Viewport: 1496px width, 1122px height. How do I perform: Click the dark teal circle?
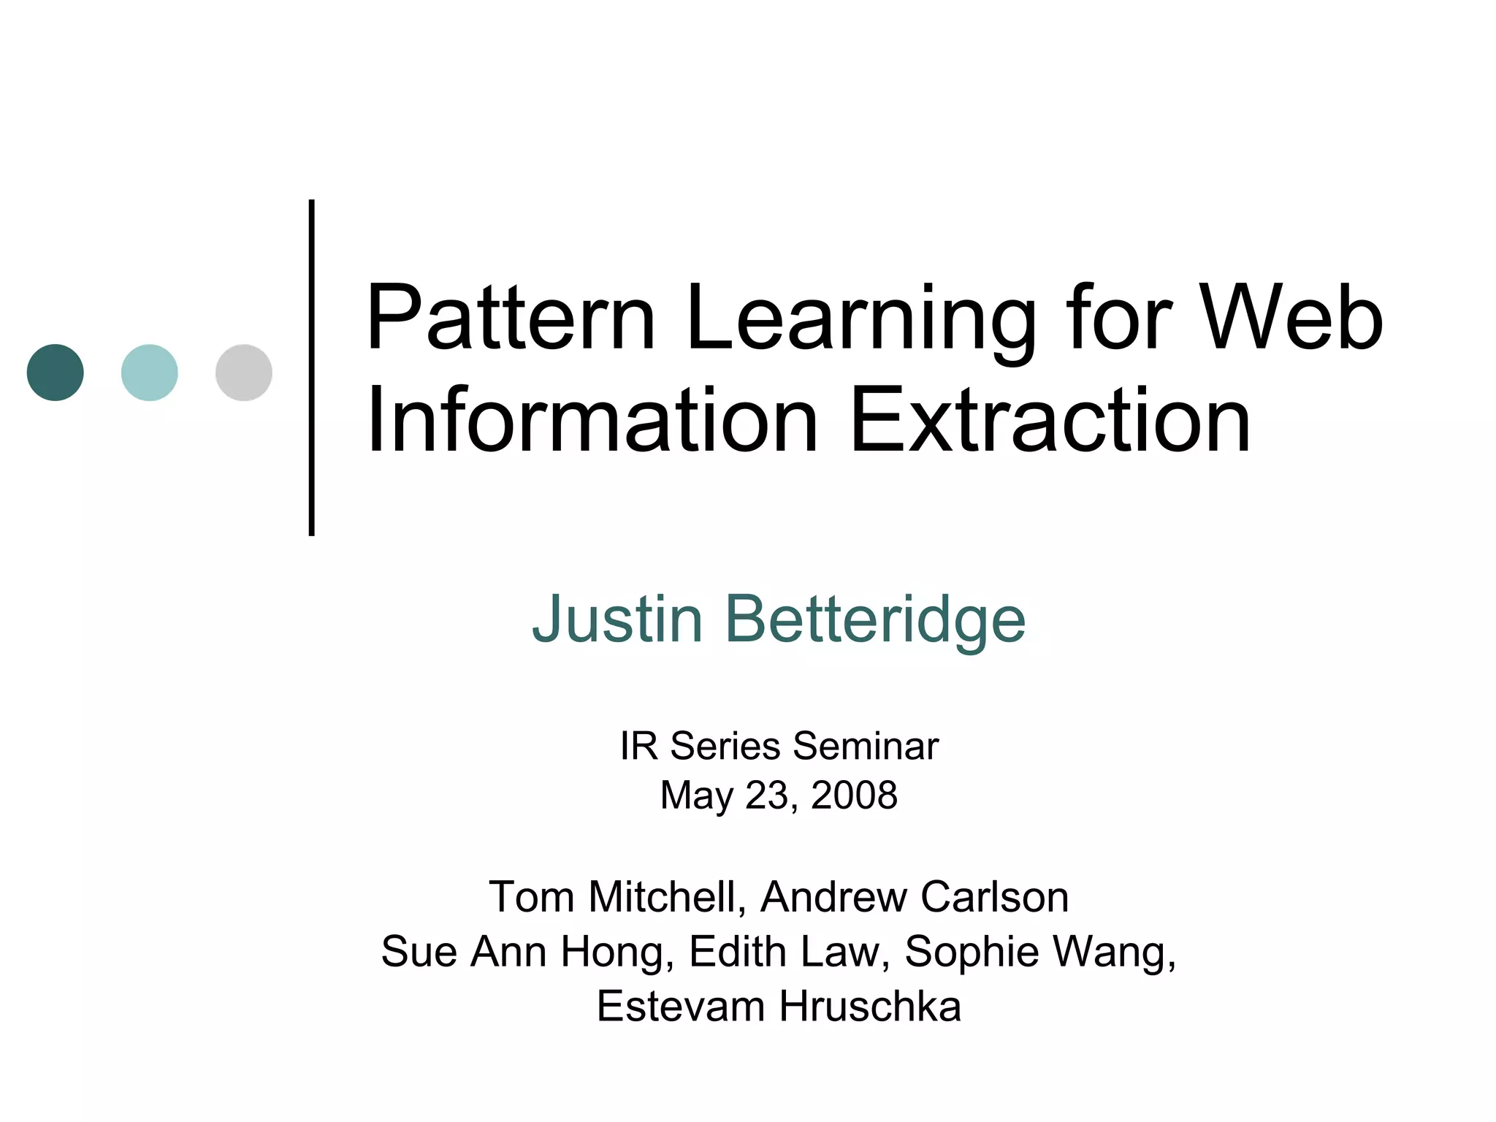pyautogui.click(x=56, y=373)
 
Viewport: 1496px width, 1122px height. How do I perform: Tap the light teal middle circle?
pyautogui.click(x=150, y=373)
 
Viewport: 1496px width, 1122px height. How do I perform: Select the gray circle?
pyautogui.click(x=244, y=373)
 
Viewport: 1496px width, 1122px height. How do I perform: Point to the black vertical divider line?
pyautogui.click(x=312, y=367)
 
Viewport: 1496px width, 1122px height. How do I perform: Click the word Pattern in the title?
pyautogui.click(x=511, y=318)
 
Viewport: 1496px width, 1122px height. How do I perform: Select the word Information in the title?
pyautogui.click(x=592, y=421)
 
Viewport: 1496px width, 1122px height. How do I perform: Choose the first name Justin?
pyautogui.click(x=617, y=619)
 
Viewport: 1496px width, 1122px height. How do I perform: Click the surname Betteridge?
pyautogui.click(x=874, y=619)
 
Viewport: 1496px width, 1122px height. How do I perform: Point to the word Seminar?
pyautogui.click(x=865, y=747)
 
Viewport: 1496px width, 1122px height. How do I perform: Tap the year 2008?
pyautogui.click(x=854, y=795)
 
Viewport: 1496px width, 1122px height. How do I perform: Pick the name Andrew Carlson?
pyautogui.click(x=915, y=897)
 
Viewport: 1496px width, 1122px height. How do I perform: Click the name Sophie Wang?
pyautogui.click(x=1038, y=953)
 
